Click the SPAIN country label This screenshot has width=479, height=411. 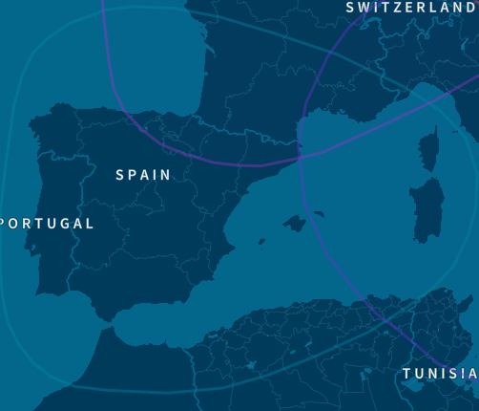click(x=143, y=175)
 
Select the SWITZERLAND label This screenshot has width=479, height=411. click(x=410, y=8)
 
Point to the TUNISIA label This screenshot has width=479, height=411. click(x=439, y=373)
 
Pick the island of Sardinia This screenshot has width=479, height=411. click(x=427, y=208)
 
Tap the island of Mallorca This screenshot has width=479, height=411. click(x=294, y=224)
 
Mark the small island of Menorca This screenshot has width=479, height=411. click(x=319, y=213)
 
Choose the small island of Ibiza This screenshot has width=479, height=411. click(x=261, y=242)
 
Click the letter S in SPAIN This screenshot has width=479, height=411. click(x=120, y=175)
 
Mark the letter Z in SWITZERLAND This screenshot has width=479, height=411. click(x=405, y=8)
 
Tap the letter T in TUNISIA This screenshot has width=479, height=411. click(x=406, y=373)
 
